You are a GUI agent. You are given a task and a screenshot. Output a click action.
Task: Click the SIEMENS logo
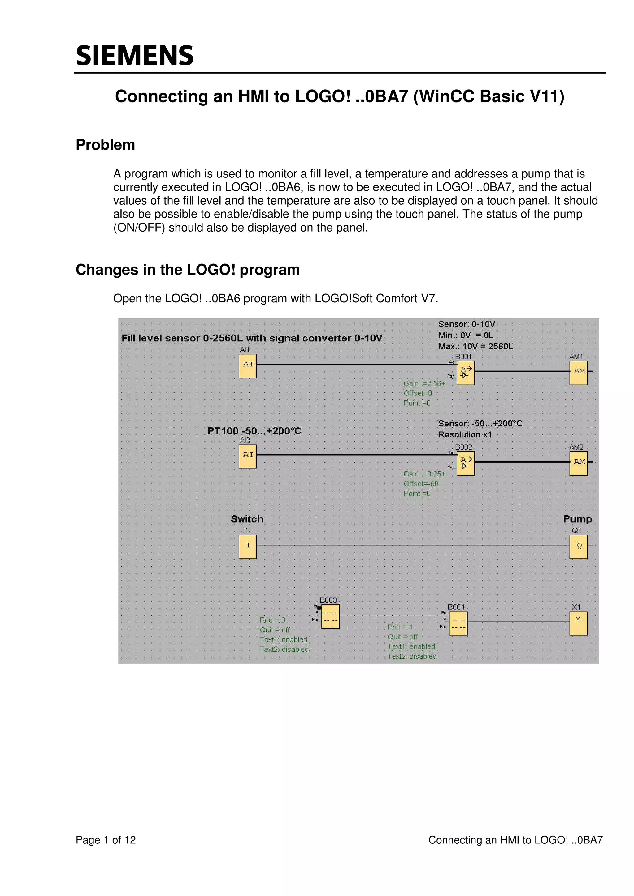(135, 55)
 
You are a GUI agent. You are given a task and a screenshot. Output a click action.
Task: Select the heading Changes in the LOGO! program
(188, 270)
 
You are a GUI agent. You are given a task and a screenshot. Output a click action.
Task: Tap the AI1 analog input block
(248, 366)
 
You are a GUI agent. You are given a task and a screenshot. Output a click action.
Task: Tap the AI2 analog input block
(248, 456)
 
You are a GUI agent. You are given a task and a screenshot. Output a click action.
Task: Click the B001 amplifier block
(466, 372)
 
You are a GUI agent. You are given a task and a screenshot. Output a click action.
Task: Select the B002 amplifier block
(466, 463)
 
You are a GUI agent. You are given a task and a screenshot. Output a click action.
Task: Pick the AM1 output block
(579, 373)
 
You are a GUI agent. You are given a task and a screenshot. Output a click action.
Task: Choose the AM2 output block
(579, 463)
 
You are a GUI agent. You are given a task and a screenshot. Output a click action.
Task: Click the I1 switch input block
(248, 546)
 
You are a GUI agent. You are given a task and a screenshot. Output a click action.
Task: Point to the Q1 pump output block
(579, 547)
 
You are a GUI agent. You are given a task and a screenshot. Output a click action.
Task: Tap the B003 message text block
(330, 616)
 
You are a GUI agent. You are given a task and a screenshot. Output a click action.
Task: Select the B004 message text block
(458, 623)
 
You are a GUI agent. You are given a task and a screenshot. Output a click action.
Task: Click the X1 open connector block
(579, 623)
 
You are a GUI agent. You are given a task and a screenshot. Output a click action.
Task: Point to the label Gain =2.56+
(424, 384)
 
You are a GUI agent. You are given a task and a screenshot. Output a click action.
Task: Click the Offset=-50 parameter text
(421, 484)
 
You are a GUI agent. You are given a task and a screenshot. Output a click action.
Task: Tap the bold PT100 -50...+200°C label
(254, 431)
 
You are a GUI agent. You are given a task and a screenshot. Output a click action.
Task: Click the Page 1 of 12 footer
(106, 840)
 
